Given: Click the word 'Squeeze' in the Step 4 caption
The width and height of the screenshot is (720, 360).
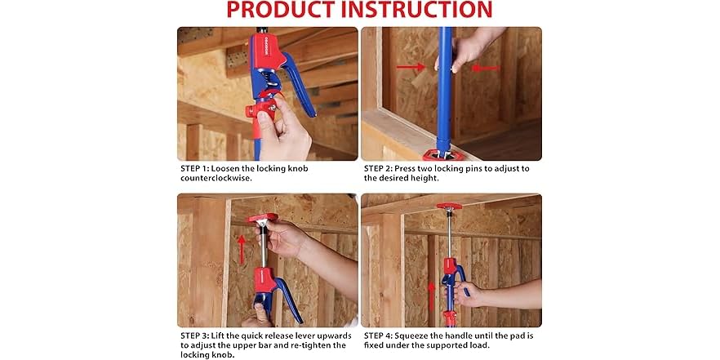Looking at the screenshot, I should (428, 336).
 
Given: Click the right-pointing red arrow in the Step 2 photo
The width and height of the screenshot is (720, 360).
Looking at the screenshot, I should (410, 67).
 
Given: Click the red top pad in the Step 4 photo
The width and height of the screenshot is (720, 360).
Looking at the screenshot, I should (448, 207).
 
